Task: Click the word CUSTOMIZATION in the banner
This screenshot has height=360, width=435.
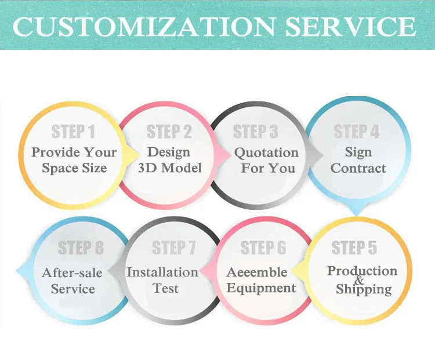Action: [144, 27]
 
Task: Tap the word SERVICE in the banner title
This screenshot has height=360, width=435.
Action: [351, 27]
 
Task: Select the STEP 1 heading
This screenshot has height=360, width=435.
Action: [73, 132]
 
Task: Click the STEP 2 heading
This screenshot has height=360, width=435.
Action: [169, 132]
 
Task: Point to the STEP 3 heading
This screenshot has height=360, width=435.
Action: [256, 132]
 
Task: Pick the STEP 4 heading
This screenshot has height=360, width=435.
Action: [357, 131]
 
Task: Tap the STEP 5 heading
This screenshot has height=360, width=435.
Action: [354, 248]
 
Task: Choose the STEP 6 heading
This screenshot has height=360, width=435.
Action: [263, 248]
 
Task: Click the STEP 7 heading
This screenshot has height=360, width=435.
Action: [174, 248]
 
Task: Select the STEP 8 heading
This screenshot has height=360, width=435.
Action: [81, 248]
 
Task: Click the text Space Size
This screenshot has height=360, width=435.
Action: [74, 168]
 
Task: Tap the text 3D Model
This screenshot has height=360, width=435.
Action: [170, 168]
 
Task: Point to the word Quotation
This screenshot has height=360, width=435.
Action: [266, 153]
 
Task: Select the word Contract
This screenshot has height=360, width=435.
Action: [358, 168]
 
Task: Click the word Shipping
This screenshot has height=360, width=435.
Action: [364, 289]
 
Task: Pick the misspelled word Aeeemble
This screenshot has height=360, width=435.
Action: [257, 272]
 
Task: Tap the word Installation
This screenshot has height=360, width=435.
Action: [162, 272]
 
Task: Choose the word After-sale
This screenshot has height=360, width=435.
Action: [72, 273]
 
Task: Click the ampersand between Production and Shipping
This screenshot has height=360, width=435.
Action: [359, 280]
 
